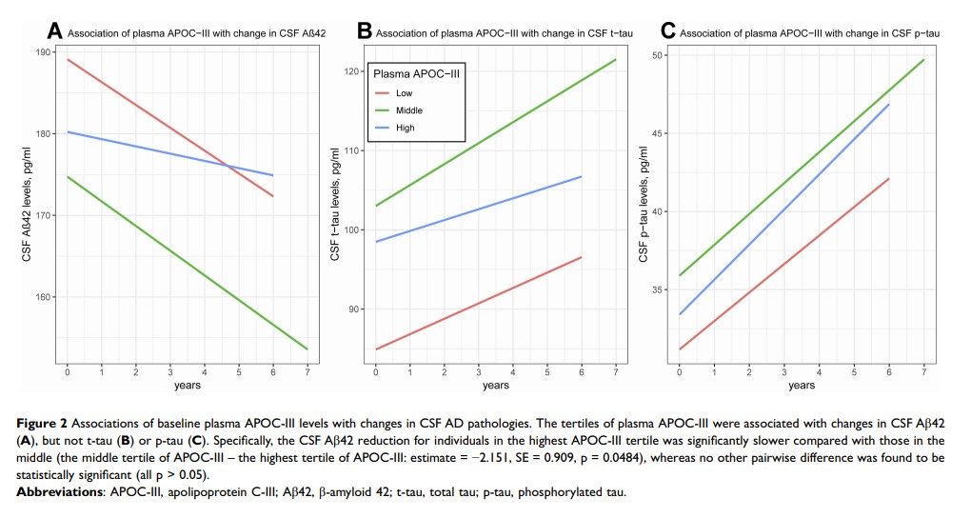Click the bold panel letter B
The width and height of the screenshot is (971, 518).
364,31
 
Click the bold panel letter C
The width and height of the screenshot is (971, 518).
667,31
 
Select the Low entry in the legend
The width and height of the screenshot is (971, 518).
404,92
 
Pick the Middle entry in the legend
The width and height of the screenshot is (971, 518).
409,110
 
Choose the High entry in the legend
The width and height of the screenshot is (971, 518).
405,128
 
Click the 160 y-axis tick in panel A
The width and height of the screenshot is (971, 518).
46,297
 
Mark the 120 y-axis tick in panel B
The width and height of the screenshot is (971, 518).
352,71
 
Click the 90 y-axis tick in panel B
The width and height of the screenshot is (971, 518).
355,309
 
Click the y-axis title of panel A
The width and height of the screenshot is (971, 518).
28,206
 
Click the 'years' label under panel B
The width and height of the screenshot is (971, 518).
495,385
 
